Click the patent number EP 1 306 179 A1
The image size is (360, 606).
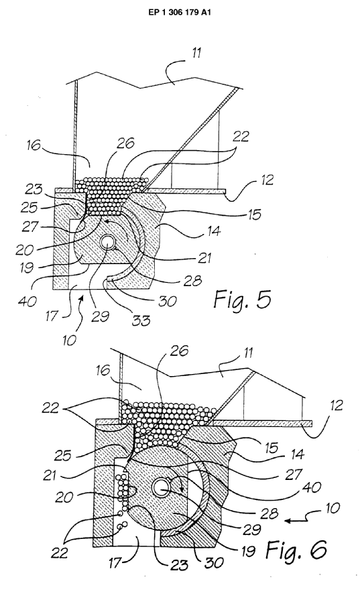[180, 12]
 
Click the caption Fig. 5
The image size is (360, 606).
[242, 300]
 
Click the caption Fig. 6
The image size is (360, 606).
[296, 549]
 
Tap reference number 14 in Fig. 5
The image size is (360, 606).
[213, 231]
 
